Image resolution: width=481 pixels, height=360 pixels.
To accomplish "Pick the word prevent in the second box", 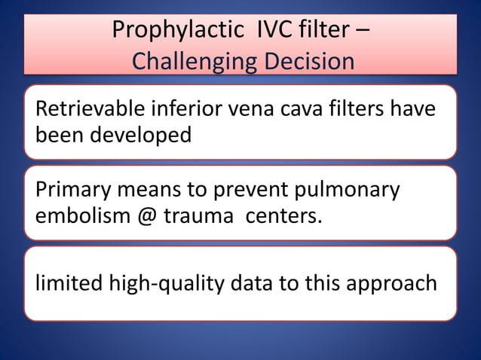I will [x=227, y=191].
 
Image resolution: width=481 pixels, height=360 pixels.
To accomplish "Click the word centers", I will [x=281, y=217].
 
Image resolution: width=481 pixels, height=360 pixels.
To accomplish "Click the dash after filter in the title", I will [x=361, y=32].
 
